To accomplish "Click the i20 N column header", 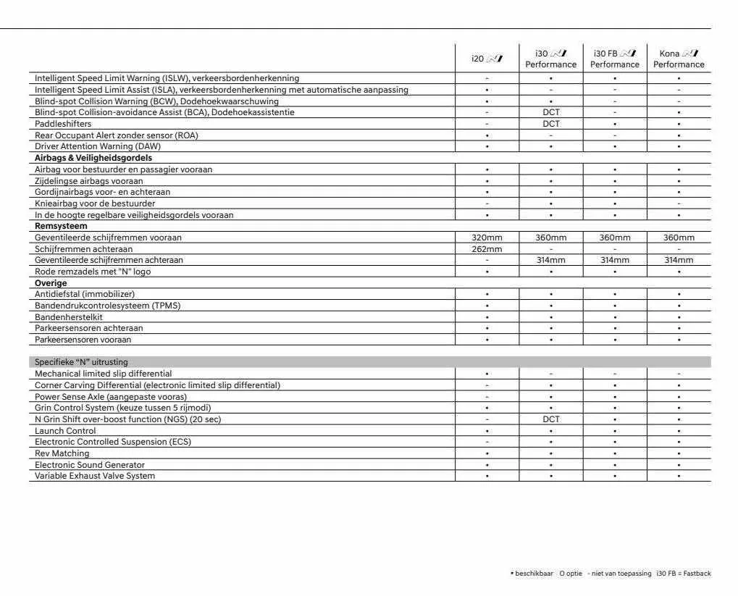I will click(486, 59).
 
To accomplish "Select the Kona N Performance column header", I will click(679, 59).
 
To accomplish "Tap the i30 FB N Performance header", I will click(614, 59).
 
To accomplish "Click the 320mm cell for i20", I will click(487, 238).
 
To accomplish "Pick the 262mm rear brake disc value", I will click(487, 249).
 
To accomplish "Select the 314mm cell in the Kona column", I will click(679, 260).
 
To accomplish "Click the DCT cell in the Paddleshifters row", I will click(550, 124).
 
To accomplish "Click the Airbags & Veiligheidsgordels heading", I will click(93, 158).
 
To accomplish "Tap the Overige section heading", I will click(51, 283).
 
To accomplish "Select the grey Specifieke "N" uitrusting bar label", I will click(81, 362).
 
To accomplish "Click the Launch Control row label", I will click(65, 431).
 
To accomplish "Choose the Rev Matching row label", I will click(63, 453).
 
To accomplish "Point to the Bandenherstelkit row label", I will click(69, 317).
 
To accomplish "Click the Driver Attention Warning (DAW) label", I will click(98, 146).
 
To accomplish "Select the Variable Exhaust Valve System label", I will click(95, 476).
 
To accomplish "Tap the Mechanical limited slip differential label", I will click(104, 374).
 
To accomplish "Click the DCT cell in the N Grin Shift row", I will click(550, 419).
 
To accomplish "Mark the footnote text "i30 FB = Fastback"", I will click(683, 574).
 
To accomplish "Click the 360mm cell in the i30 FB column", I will click(614, 238).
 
